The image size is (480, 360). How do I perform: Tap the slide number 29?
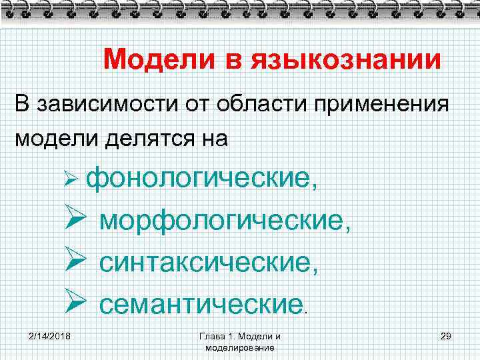447,335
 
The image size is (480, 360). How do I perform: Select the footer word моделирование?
240,348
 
